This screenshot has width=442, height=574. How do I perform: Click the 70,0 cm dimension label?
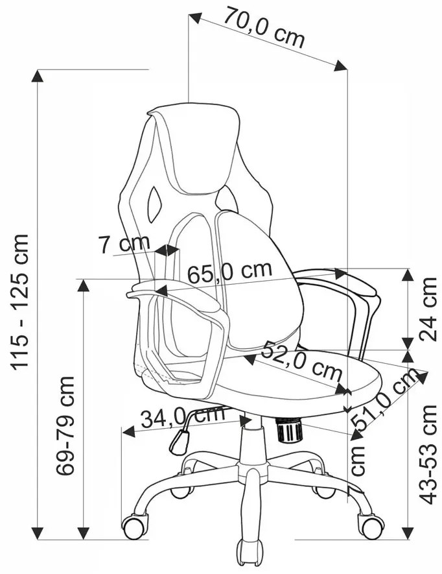point(264,27)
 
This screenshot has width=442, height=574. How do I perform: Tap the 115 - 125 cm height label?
point(19,302)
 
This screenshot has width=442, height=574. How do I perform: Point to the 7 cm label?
point(124,243)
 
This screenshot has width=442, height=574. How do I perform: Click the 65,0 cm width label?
point(230,272)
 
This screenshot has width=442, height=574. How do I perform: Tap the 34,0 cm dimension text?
point(183,417)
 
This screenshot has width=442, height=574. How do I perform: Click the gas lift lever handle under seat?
point(180,442)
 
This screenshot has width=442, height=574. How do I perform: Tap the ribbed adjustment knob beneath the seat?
point(289,430)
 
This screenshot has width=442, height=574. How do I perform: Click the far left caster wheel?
point(135,527)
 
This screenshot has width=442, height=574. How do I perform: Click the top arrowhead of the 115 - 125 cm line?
point(37,75)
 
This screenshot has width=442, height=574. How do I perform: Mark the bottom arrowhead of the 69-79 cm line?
point(84,533)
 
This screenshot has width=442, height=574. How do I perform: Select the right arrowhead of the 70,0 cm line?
point(341,66)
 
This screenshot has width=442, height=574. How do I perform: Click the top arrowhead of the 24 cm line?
point(408,274)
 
